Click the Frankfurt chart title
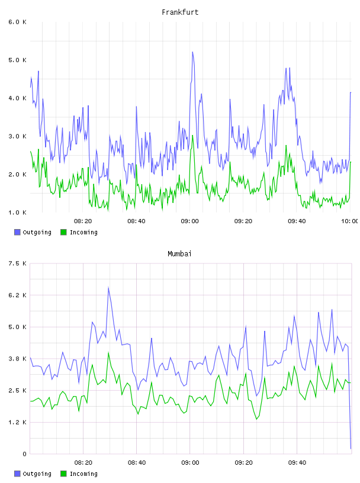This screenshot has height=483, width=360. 180,12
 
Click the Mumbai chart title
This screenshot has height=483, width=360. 179,253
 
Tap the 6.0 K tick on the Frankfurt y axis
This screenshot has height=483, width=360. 17,22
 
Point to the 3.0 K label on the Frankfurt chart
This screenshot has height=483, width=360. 17,136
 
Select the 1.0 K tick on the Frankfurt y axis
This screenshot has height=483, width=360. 17,212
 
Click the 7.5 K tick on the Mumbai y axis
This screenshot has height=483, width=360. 17,263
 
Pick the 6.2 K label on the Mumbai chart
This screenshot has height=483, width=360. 17,295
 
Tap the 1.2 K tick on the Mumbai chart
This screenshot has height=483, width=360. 17,422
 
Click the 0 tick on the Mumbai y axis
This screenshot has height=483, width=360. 24,454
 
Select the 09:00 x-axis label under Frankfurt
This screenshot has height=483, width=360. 190,221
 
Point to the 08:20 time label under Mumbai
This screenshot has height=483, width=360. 83,462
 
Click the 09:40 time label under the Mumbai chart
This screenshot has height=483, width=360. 297,462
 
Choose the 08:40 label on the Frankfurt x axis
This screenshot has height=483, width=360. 136,221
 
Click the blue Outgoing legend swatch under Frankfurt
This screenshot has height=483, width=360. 17,232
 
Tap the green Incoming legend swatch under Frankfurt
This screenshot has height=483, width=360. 63,232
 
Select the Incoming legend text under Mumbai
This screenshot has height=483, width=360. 83,474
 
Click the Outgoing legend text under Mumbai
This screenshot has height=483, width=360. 37,474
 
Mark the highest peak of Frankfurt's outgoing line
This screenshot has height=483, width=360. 192,52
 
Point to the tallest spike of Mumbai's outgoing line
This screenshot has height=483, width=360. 108,288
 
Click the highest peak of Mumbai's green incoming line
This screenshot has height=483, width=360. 108,353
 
